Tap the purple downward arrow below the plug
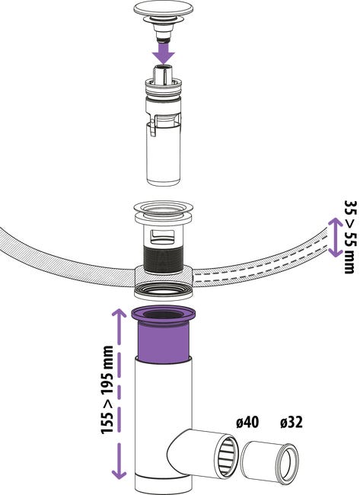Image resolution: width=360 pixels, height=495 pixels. click(163, 53)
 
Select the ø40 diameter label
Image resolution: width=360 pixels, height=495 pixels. click(247, 422)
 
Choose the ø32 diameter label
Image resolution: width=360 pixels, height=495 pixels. click(291, 422)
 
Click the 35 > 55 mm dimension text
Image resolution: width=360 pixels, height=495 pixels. click(350, 236)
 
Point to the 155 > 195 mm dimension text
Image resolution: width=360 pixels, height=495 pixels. click(107, 390)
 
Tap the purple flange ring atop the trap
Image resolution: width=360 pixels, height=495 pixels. click(163, 315)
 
